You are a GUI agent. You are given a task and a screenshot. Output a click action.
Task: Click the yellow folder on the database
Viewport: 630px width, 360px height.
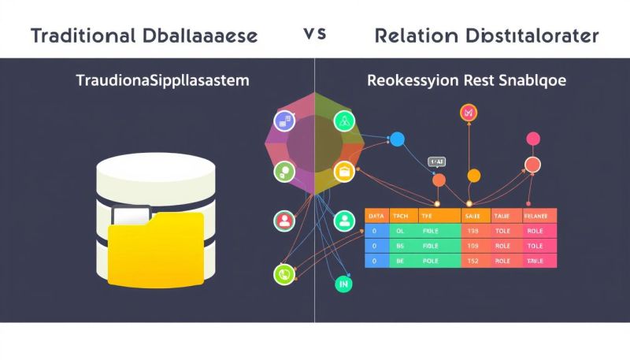156,248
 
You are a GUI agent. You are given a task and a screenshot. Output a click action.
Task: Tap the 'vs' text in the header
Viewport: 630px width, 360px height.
314,35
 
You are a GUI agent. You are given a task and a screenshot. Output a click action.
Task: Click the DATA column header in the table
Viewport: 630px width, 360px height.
377,215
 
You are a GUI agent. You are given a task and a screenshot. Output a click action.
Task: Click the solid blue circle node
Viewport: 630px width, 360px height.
398,140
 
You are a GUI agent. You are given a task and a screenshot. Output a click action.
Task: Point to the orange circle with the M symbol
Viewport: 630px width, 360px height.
469,113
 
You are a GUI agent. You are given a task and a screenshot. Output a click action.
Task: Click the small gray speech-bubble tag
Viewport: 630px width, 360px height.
435,161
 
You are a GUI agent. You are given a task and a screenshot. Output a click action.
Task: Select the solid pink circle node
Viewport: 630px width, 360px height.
533,139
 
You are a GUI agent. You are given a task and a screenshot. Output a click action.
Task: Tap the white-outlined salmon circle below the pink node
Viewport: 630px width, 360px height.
533,165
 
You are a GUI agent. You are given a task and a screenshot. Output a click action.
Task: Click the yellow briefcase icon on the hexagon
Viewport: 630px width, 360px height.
343,171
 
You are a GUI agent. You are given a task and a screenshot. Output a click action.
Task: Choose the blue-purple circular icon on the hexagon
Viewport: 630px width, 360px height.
283,121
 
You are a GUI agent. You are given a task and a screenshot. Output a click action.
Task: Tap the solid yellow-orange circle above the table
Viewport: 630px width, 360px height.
473,176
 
